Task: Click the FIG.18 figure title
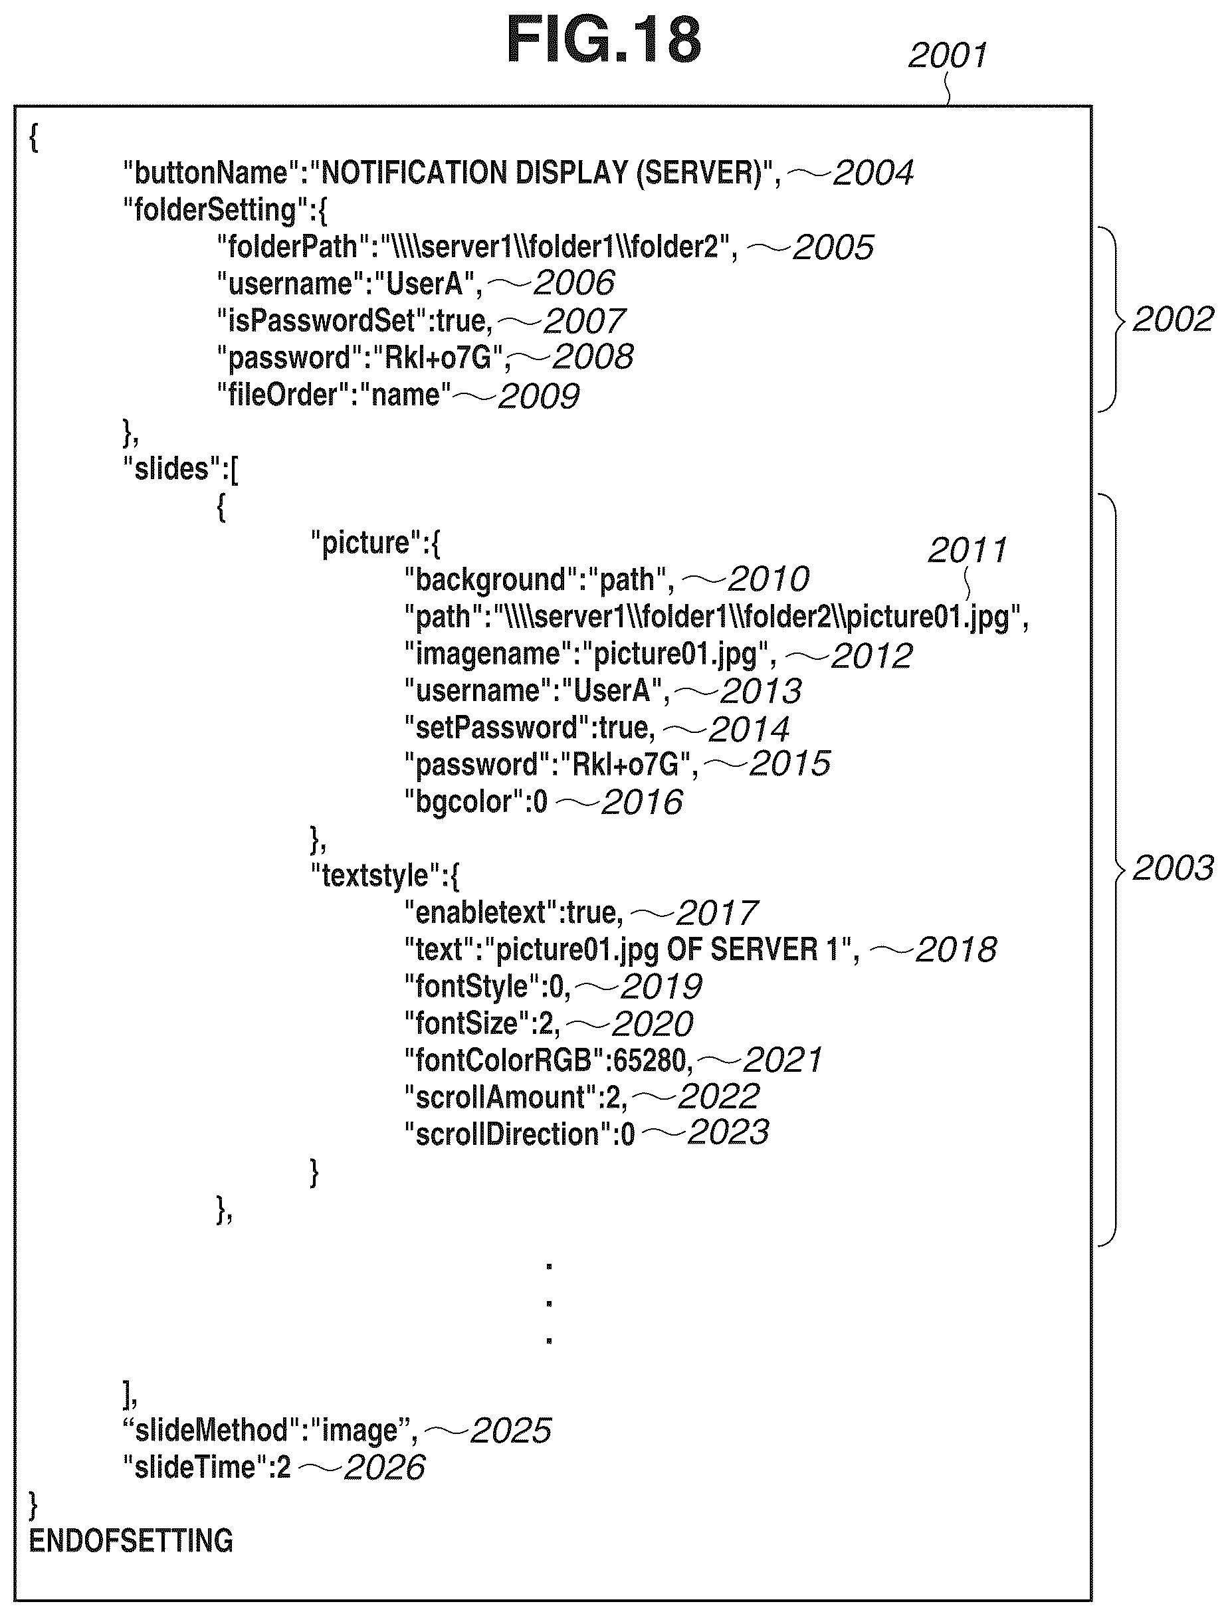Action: click(604, 41)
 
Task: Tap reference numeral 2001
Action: click(948, 56)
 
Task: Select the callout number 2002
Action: click(1172, 320)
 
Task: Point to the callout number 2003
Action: click(1172, 868)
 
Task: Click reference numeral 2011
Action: click(967, 550)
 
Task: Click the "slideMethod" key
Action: click(210, 1431)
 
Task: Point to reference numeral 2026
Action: click(384, 1468)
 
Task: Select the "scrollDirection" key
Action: click(507, 1134)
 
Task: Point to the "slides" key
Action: click(171, 468)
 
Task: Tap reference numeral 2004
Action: click(872, 173)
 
